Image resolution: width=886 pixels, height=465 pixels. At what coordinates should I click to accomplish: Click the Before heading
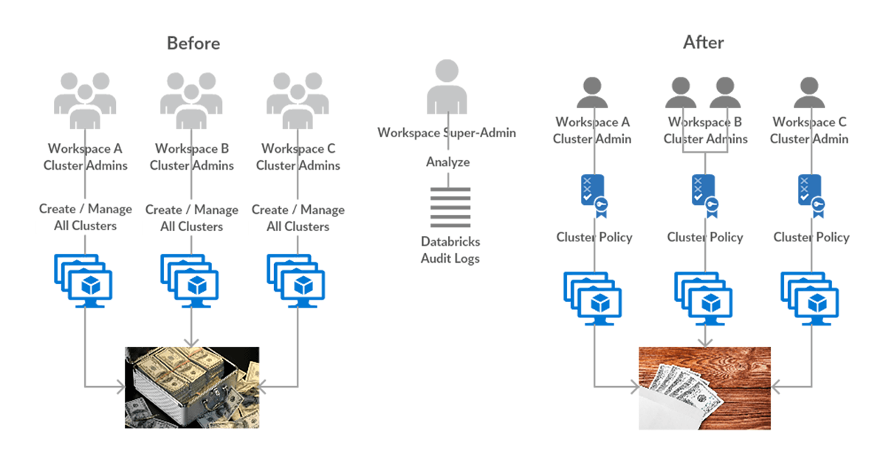[193, 43]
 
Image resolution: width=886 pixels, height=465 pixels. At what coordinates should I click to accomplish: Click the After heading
[703, 43]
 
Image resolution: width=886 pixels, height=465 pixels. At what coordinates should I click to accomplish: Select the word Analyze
[447, 162]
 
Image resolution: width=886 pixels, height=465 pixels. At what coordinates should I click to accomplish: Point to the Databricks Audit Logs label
[450, 249]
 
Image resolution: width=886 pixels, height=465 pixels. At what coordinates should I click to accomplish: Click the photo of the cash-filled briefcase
[192, 387]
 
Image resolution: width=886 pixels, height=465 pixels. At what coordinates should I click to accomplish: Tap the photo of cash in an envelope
[704, 388]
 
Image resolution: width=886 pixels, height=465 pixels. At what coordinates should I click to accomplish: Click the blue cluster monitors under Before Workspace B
[192, 280]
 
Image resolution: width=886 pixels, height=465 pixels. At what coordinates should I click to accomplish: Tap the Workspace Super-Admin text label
[447, 133]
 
